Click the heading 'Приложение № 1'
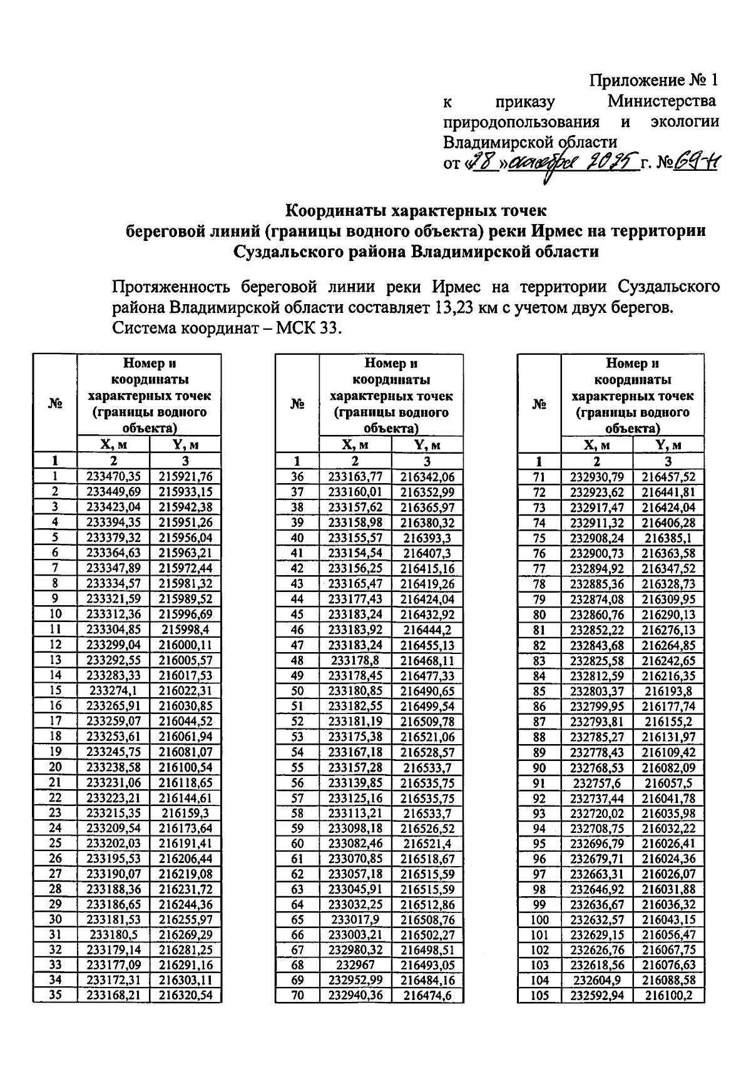pos(653,80)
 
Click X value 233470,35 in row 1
pos(113,477)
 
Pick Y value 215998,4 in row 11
pos(185,630)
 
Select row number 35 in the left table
pos(55,995)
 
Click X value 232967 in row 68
pos(355,965)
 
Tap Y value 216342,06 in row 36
pos(427,477)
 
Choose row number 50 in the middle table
pos(297,691)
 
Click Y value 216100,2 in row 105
pos(668,996)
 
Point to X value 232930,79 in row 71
pos(597,477)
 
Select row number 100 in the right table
pos(539,919)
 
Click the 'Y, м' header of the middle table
pos(427,445)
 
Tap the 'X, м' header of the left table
pos(113,445)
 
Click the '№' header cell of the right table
pos(539,404)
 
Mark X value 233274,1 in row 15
pos(113,691)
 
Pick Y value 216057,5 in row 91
pos(668,783)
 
